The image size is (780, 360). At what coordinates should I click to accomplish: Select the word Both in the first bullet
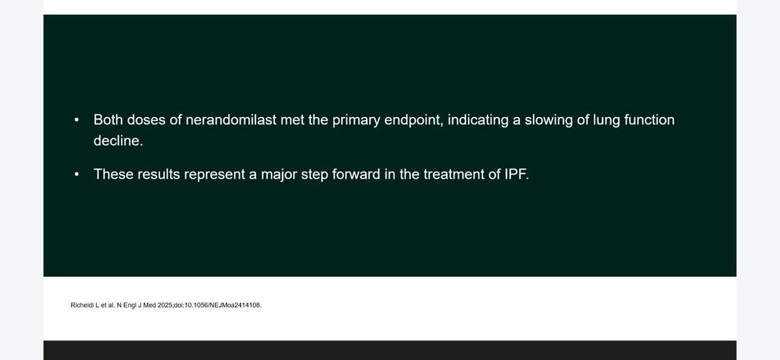click(109, 120)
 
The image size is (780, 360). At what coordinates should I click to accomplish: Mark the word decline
click(117, 140)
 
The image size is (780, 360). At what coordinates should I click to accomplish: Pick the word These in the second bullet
click(113, 174)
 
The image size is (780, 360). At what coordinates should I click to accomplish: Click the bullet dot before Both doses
click(77, 120)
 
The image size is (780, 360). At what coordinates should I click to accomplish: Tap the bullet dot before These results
click(77, 174)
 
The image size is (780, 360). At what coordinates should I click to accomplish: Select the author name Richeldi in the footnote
click(82, 305)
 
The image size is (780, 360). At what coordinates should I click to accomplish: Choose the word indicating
click(476, 120)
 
